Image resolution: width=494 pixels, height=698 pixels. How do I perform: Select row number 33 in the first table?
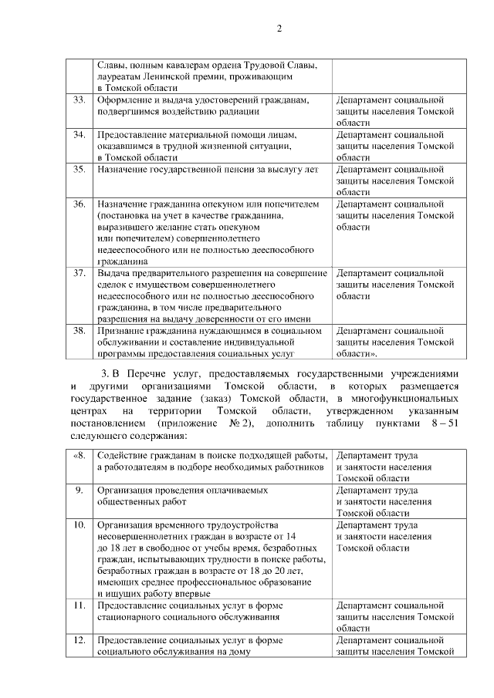[x=79, y=100]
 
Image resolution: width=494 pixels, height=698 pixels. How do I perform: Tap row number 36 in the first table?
[x=79, y=204]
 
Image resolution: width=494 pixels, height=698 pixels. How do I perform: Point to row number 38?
[x=79, y=331]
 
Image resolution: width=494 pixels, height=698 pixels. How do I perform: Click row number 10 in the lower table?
[x=79, y=525]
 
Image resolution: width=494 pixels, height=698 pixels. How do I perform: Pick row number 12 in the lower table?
[x=79, y=641]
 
